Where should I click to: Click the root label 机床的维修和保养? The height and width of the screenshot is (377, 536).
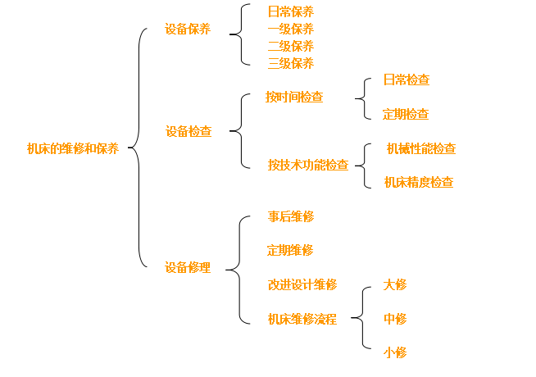tap(72, 148)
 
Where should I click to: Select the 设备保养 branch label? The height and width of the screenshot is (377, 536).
tap(187, 29)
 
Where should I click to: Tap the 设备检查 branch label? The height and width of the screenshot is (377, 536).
tap(188, 131)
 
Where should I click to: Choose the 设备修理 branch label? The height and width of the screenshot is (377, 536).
tap(187, 267)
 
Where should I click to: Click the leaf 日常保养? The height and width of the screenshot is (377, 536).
tap(290, 11)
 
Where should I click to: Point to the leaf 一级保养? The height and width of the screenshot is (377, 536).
tap(290, 29)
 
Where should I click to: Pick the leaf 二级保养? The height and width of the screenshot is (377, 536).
tap(290, 46)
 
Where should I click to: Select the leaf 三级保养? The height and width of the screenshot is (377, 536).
tap(290, 63)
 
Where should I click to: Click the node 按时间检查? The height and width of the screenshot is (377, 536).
tap(293, 97)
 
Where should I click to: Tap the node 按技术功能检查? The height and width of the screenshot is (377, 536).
tap(307, 165)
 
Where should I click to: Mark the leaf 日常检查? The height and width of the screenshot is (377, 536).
tap(407, 79)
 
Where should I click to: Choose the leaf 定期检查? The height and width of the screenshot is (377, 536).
tap(406, 114)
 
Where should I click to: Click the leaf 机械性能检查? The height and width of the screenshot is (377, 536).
tap(421, 148)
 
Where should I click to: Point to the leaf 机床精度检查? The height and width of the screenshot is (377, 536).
tap(419, 182)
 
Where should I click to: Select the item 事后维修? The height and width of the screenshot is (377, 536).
tap(290, 216)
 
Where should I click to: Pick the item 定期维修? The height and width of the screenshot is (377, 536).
tap(290, 250)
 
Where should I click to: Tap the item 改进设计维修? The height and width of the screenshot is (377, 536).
tap(302, 284)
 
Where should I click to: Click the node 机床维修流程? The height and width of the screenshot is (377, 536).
tap(302, 319)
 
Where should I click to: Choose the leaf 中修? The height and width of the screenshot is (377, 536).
tap(395, 319)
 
